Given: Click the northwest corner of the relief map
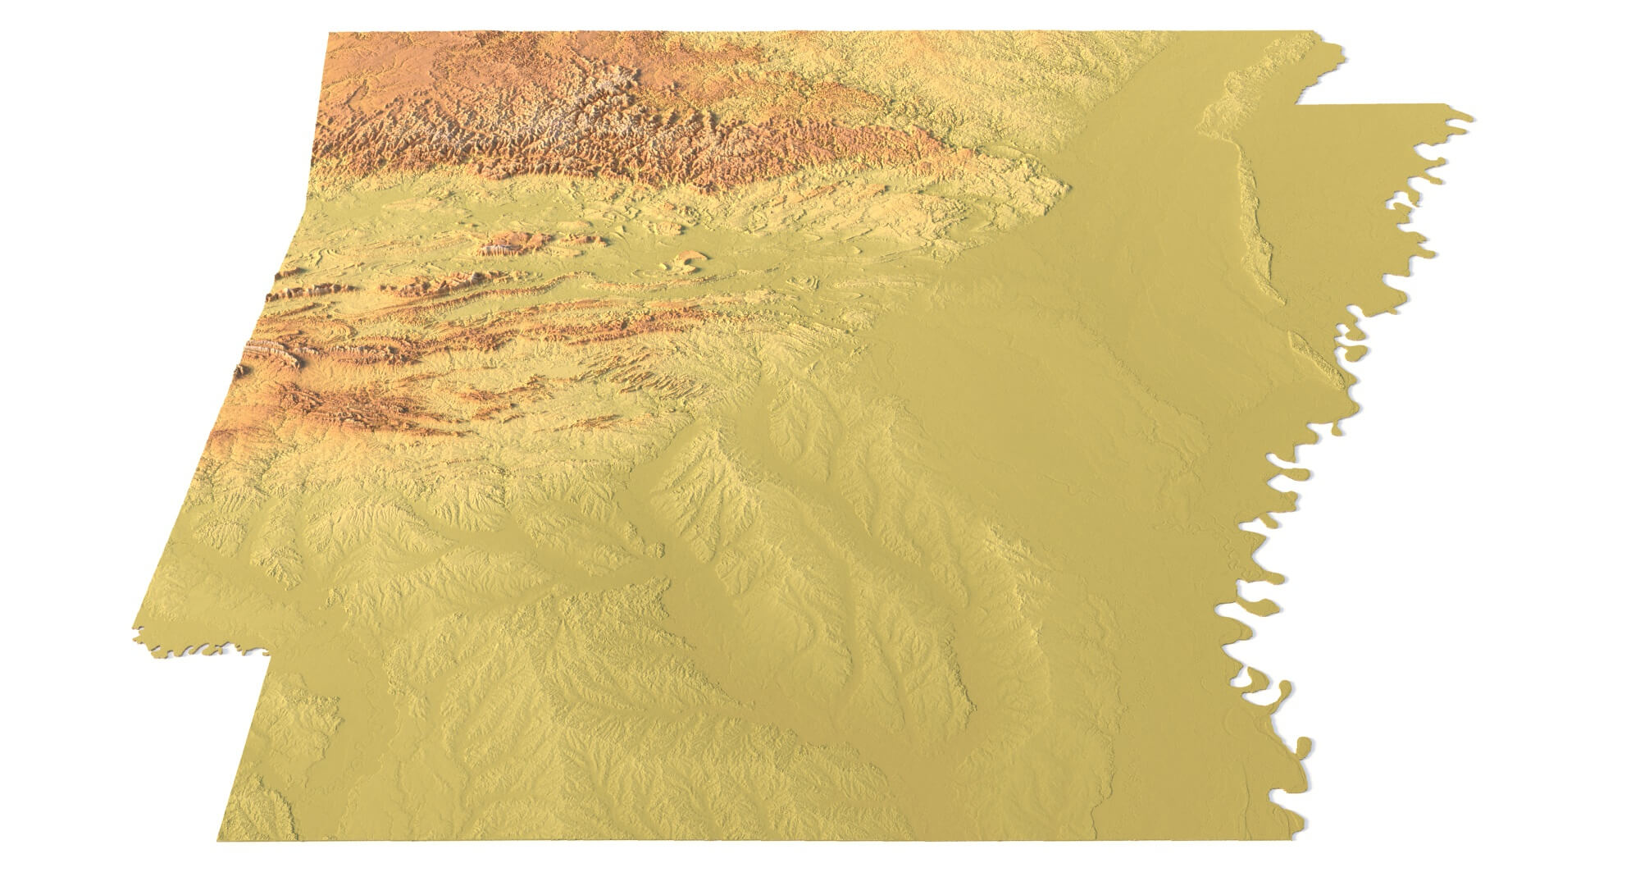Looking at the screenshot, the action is point(329,34).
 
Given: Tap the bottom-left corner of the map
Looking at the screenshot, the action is point(216,839).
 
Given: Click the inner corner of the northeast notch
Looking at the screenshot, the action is point(1296,105).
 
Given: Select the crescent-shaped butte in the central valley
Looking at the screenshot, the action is point(685,263).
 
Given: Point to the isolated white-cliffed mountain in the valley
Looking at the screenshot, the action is point(500,244).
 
